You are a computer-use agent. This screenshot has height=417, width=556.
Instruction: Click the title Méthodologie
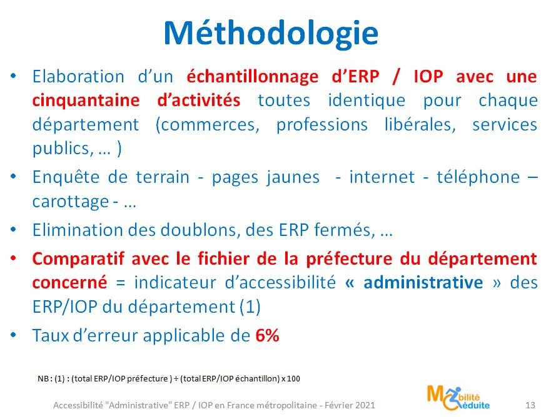[x=271, y=34]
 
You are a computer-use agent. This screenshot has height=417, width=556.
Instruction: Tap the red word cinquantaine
[x=86, y=101]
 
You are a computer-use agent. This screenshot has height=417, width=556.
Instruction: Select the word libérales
[x=420, y=124]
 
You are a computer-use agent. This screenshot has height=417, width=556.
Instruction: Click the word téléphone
[x=478, y=177]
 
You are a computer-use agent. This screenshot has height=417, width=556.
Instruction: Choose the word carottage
[x=71, y=202]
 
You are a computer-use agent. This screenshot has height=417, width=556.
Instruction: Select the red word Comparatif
[x=78, y=259]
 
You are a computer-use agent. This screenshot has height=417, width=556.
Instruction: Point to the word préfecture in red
[x=349, y=259]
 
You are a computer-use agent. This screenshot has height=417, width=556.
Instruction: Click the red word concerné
[x=69, y=283]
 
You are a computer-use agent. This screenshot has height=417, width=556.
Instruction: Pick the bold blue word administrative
[x=423, y=283]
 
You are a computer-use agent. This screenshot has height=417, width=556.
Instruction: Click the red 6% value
[x=267, y=335]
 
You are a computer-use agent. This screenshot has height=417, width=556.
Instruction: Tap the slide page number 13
[x=530, y=405]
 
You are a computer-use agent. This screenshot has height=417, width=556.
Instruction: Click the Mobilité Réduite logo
[x=458, y=398]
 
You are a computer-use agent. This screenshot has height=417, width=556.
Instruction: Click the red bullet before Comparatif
[x=14, y=258]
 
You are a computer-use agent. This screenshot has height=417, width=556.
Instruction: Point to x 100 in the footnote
[x=291, y=378]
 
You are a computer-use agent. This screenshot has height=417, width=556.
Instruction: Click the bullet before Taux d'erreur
[x=14, y=334]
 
